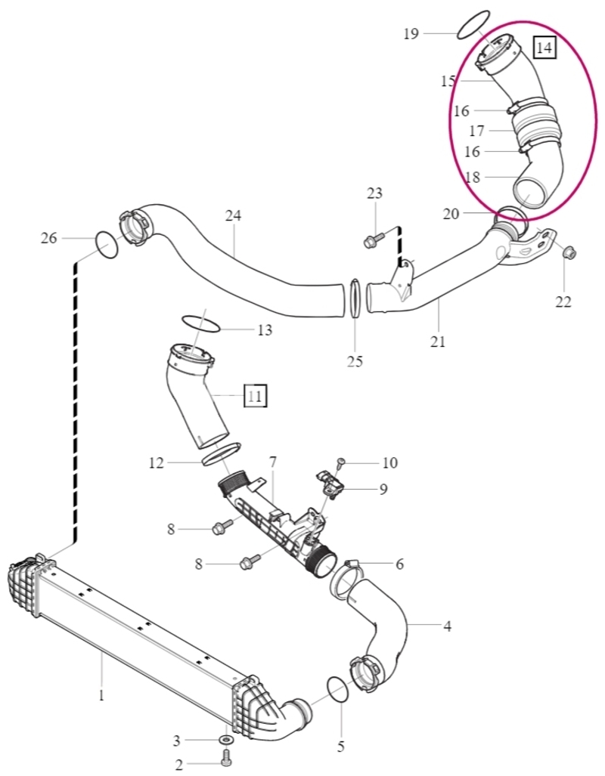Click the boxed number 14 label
pyautogui.click(x=544, y=48)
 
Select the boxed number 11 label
pyautogui.click(x=256, y=395)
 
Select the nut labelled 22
pyautogui.click(x=569, y=253)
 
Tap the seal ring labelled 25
pyautogui.click(x=355, y=298)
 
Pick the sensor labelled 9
pyautogui.click(x=329, y=484)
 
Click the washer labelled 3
pyautogui.click(x=227, y=740)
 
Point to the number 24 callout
pyautogui.click(x=233, y=216)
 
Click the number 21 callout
pyautogui.click(x=438, y=341)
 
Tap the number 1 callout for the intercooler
pyautogui.click(x=101, y=696)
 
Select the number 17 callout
pyautogui.click(x=476, y=131)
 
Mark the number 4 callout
pyautogui.click(x=447, y=626)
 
